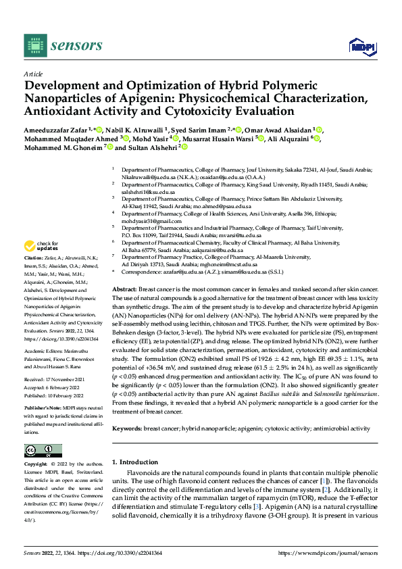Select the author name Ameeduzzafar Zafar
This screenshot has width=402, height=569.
pyautogui.click(x=58, y=129)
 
